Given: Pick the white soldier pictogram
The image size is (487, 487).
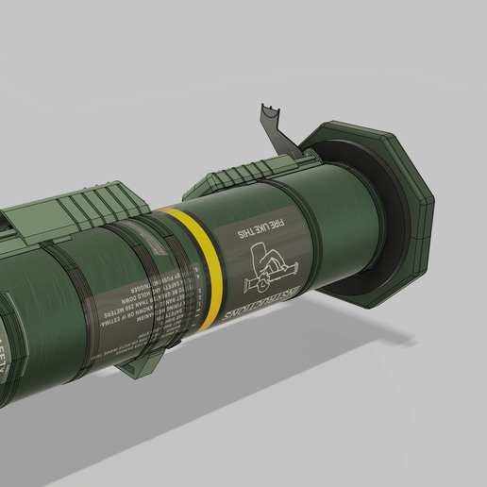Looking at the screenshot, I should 270,268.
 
